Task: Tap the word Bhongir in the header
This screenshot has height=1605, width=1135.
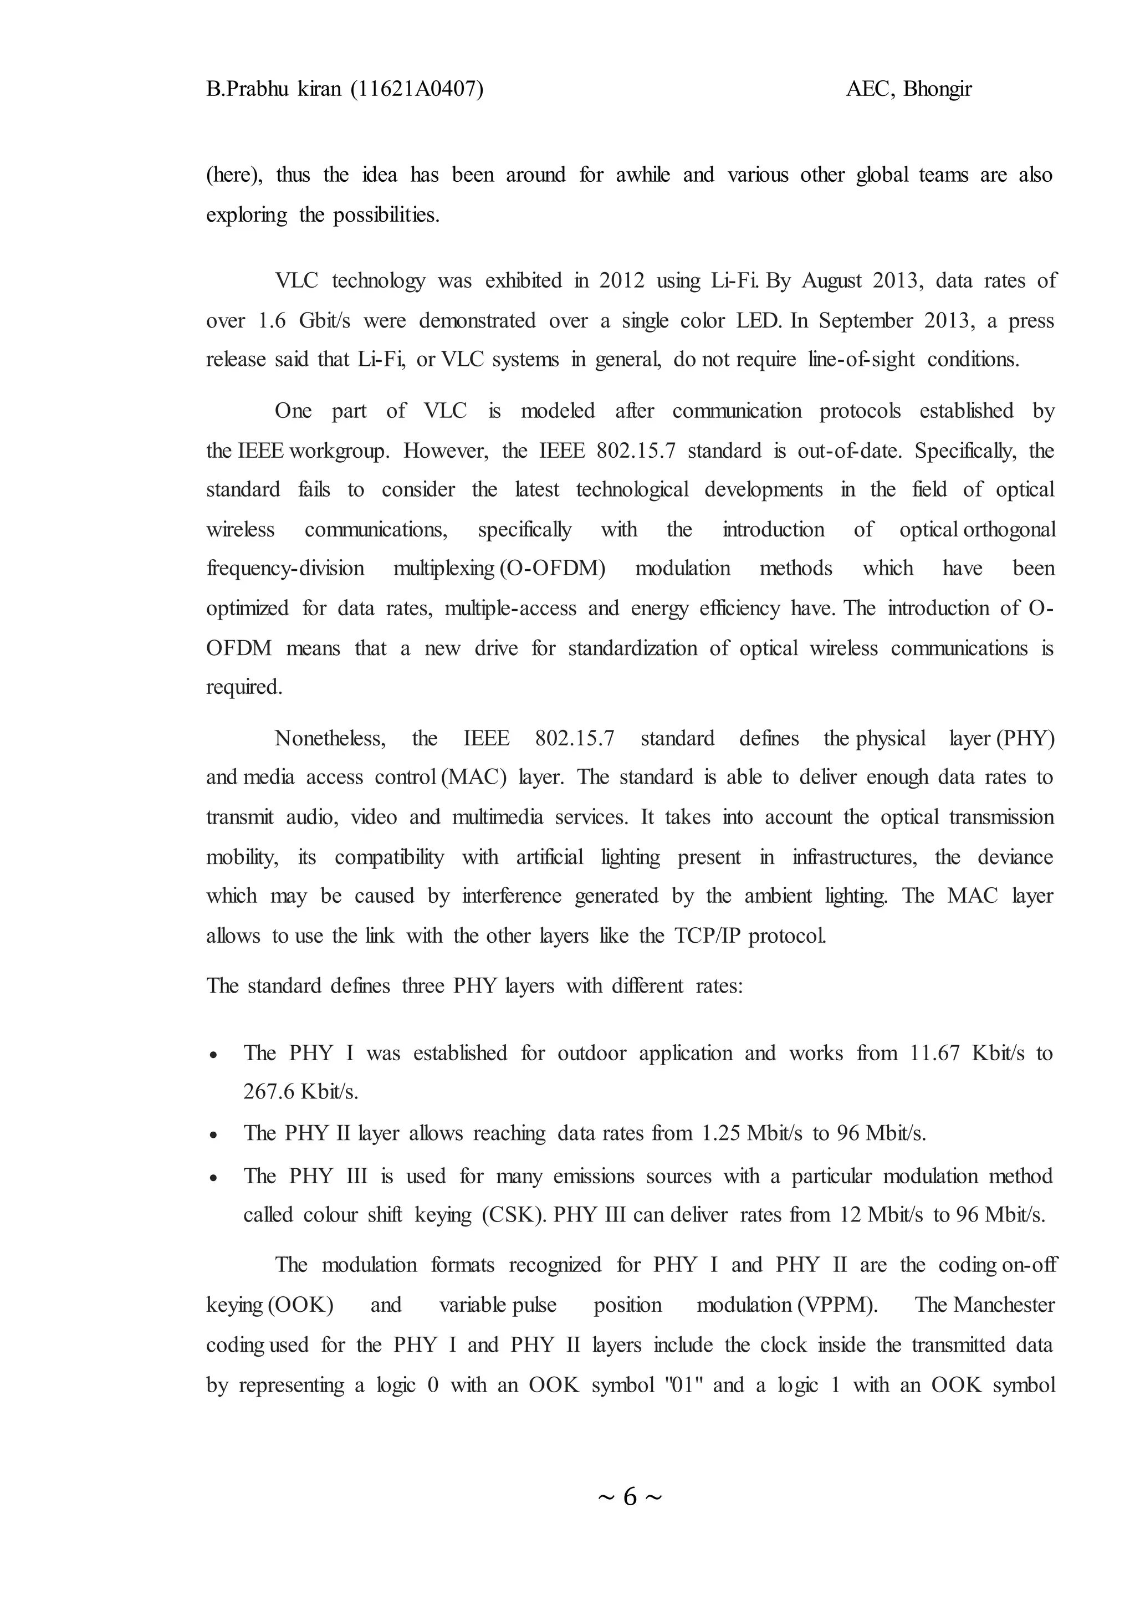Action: point(937,89)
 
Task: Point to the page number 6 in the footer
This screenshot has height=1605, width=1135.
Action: point(630,1496)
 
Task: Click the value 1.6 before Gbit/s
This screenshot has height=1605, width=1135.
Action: point(272,321)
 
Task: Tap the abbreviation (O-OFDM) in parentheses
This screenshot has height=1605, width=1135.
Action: point(552,568)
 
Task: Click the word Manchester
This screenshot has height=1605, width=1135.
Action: point(1004,1305)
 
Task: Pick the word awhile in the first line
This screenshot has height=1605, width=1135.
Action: point(642,175)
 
